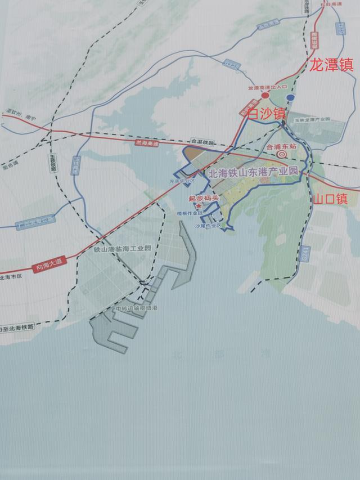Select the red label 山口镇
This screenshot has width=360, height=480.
tap(330, 199)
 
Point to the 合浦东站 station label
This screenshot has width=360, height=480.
tap(281, 145)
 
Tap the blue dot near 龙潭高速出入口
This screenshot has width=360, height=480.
tap(290, 98)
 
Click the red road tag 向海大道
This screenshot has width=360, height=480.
tap(47, 268)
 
